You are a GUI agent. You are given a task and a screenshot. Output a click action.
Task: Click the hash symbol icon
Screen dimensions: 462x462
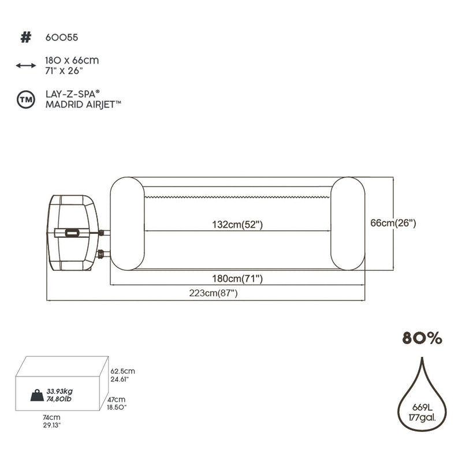pyautogui.click(x=25, y=38)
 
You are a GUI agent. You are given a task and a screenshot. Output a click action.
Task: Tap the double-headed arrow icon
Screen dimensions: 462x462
pyautogui.click(x=25, y=65)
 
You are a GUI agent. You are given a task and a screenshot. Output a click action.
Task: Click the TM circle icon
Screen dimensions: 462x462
pyautogui.click(x=25, y=99)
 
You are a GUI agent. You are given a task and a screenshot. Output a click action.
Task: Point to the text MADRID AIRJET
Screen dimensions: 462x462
pyautogui.click(x=83, y=105)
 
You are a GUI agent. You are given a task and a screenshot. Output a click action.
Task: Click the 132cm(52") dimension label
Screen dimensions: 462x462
pyautogui.click(x=237, y=225)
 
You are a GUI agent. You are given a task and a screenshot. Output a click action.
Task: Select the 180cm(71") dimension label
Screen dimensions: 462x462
pyautogui.click(x=237, y=279)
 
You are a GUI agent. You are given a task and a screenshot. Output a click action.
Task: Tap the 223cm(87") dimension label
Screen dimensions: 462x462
pyautogui.click(x=213, y=293)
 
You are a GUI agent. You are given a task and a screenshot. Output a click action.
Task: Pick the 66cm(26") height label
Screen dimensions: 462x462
pyautogui.click(x=393, y=222)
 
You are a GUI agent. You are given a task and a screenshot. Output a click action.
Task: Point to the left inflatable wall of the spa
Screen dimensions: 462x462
pyautogui.click(x=126, y=223)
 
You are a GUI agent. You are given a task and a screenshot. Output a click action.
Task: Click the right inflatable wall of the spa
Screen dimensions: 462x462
pyautogui.click(x=348, y=223)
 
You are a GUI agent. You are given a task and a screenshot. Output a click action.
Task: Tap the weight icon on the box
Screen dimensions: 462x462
pyautogui.click(x=37, y=396)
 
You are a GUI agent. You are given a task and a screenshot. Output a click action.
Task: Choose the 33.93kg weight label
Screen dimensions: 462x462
pyautogui.click(x=59, y=391)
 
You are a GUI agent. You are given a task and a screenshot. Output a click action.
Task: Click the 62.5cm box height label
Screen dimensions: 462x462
pyautogui.click(x=124, y=371)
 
